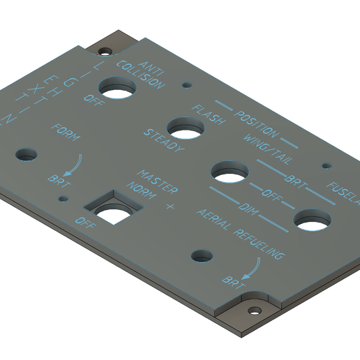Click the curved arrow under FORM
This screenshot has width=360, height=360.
[x=72, y=164]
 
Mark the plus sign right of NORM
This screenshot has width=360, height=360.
[x=170, y=207]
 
